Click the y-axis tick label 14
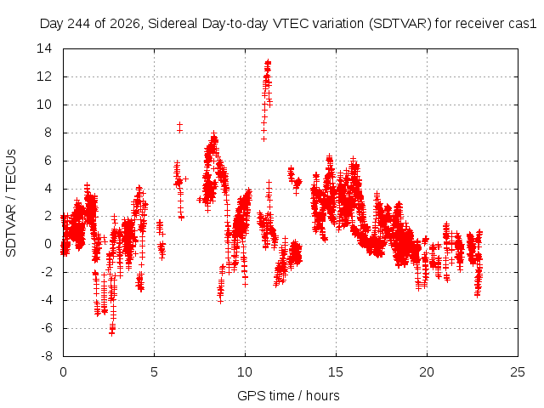click(44, 48)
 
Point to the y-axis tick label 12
click(44, 76)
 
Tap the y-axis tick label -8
click(47, 356)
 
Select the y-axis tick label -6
click(47, 328)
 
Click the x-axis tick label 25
click(518, 372)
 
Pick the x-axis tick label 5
click(154, 372)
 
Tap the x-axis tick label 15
click(336, 372)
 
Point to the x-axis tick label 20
click(427, 372)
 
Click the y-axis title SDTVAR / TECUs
click(11, 203)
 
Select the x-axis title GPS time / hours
click(288, 395)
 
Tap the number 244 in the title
click(79, 24)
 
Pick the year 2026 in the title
click(125, 24)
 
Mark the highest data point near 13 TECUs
click(268, 62)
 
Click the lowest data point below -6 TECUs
click(111, 333)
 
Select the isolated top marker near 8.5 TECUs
click(179, 125)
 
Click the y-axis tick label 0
click(48, 244)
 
